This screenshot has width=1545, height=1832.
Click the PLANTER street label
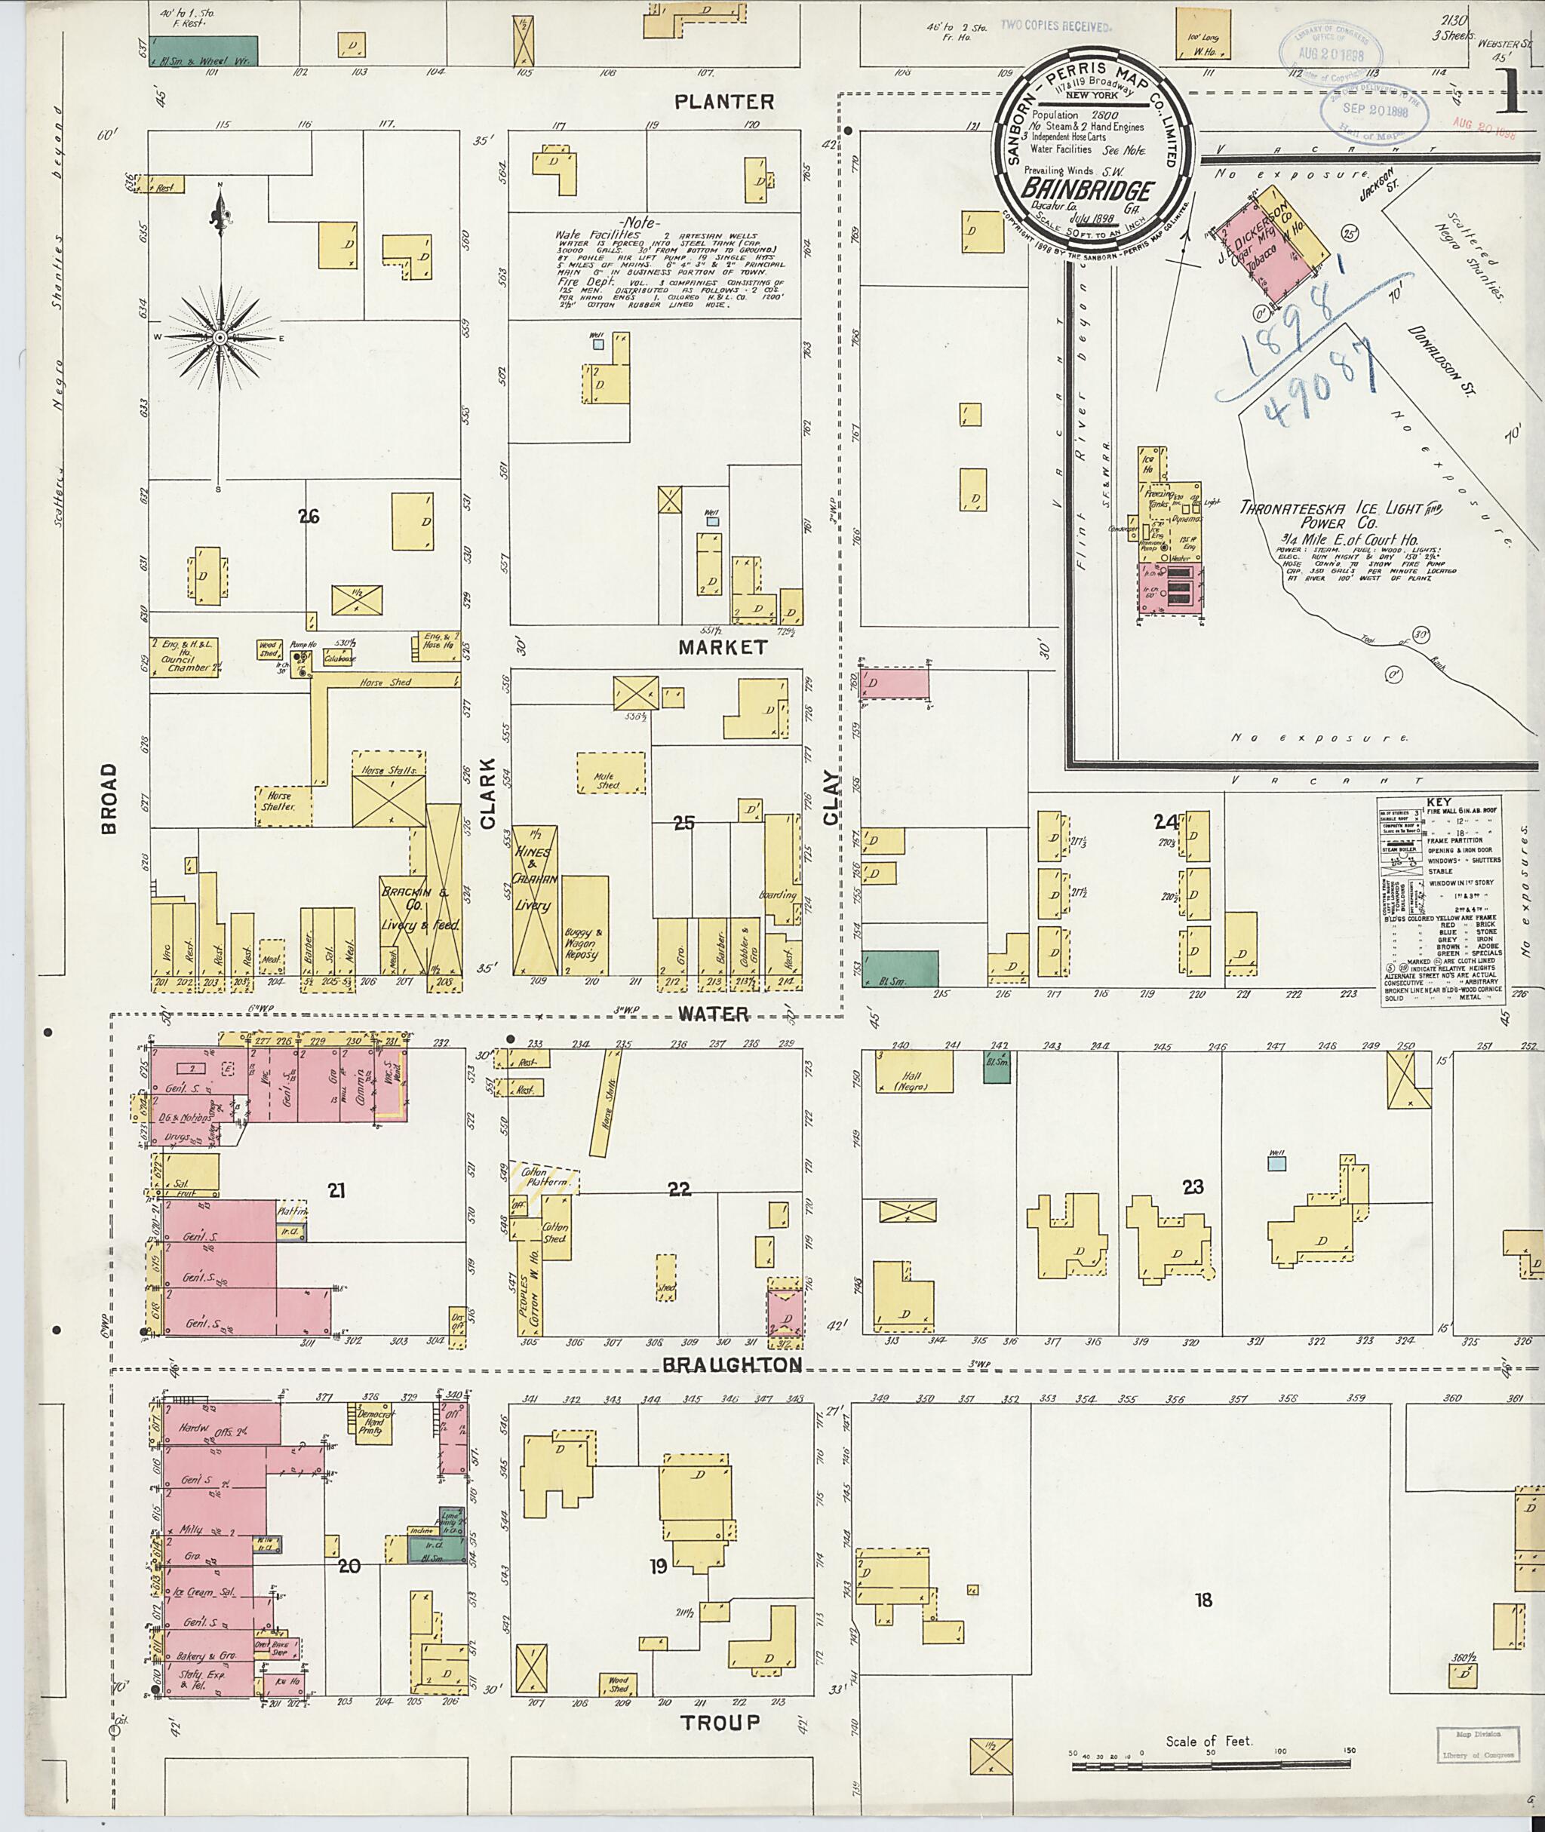coord(724,102)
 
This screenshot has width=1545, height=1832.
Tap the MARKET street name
coord(723,647)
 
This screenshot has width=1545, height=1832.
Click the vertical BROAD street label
coord(109,798)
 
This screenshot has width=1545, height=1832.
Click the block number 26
coord(308,517)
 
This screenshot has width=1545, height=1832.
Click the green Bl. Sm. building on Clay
coord(899,969)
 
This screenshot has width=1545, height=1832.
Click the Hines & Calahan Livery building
coord(534,898)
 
